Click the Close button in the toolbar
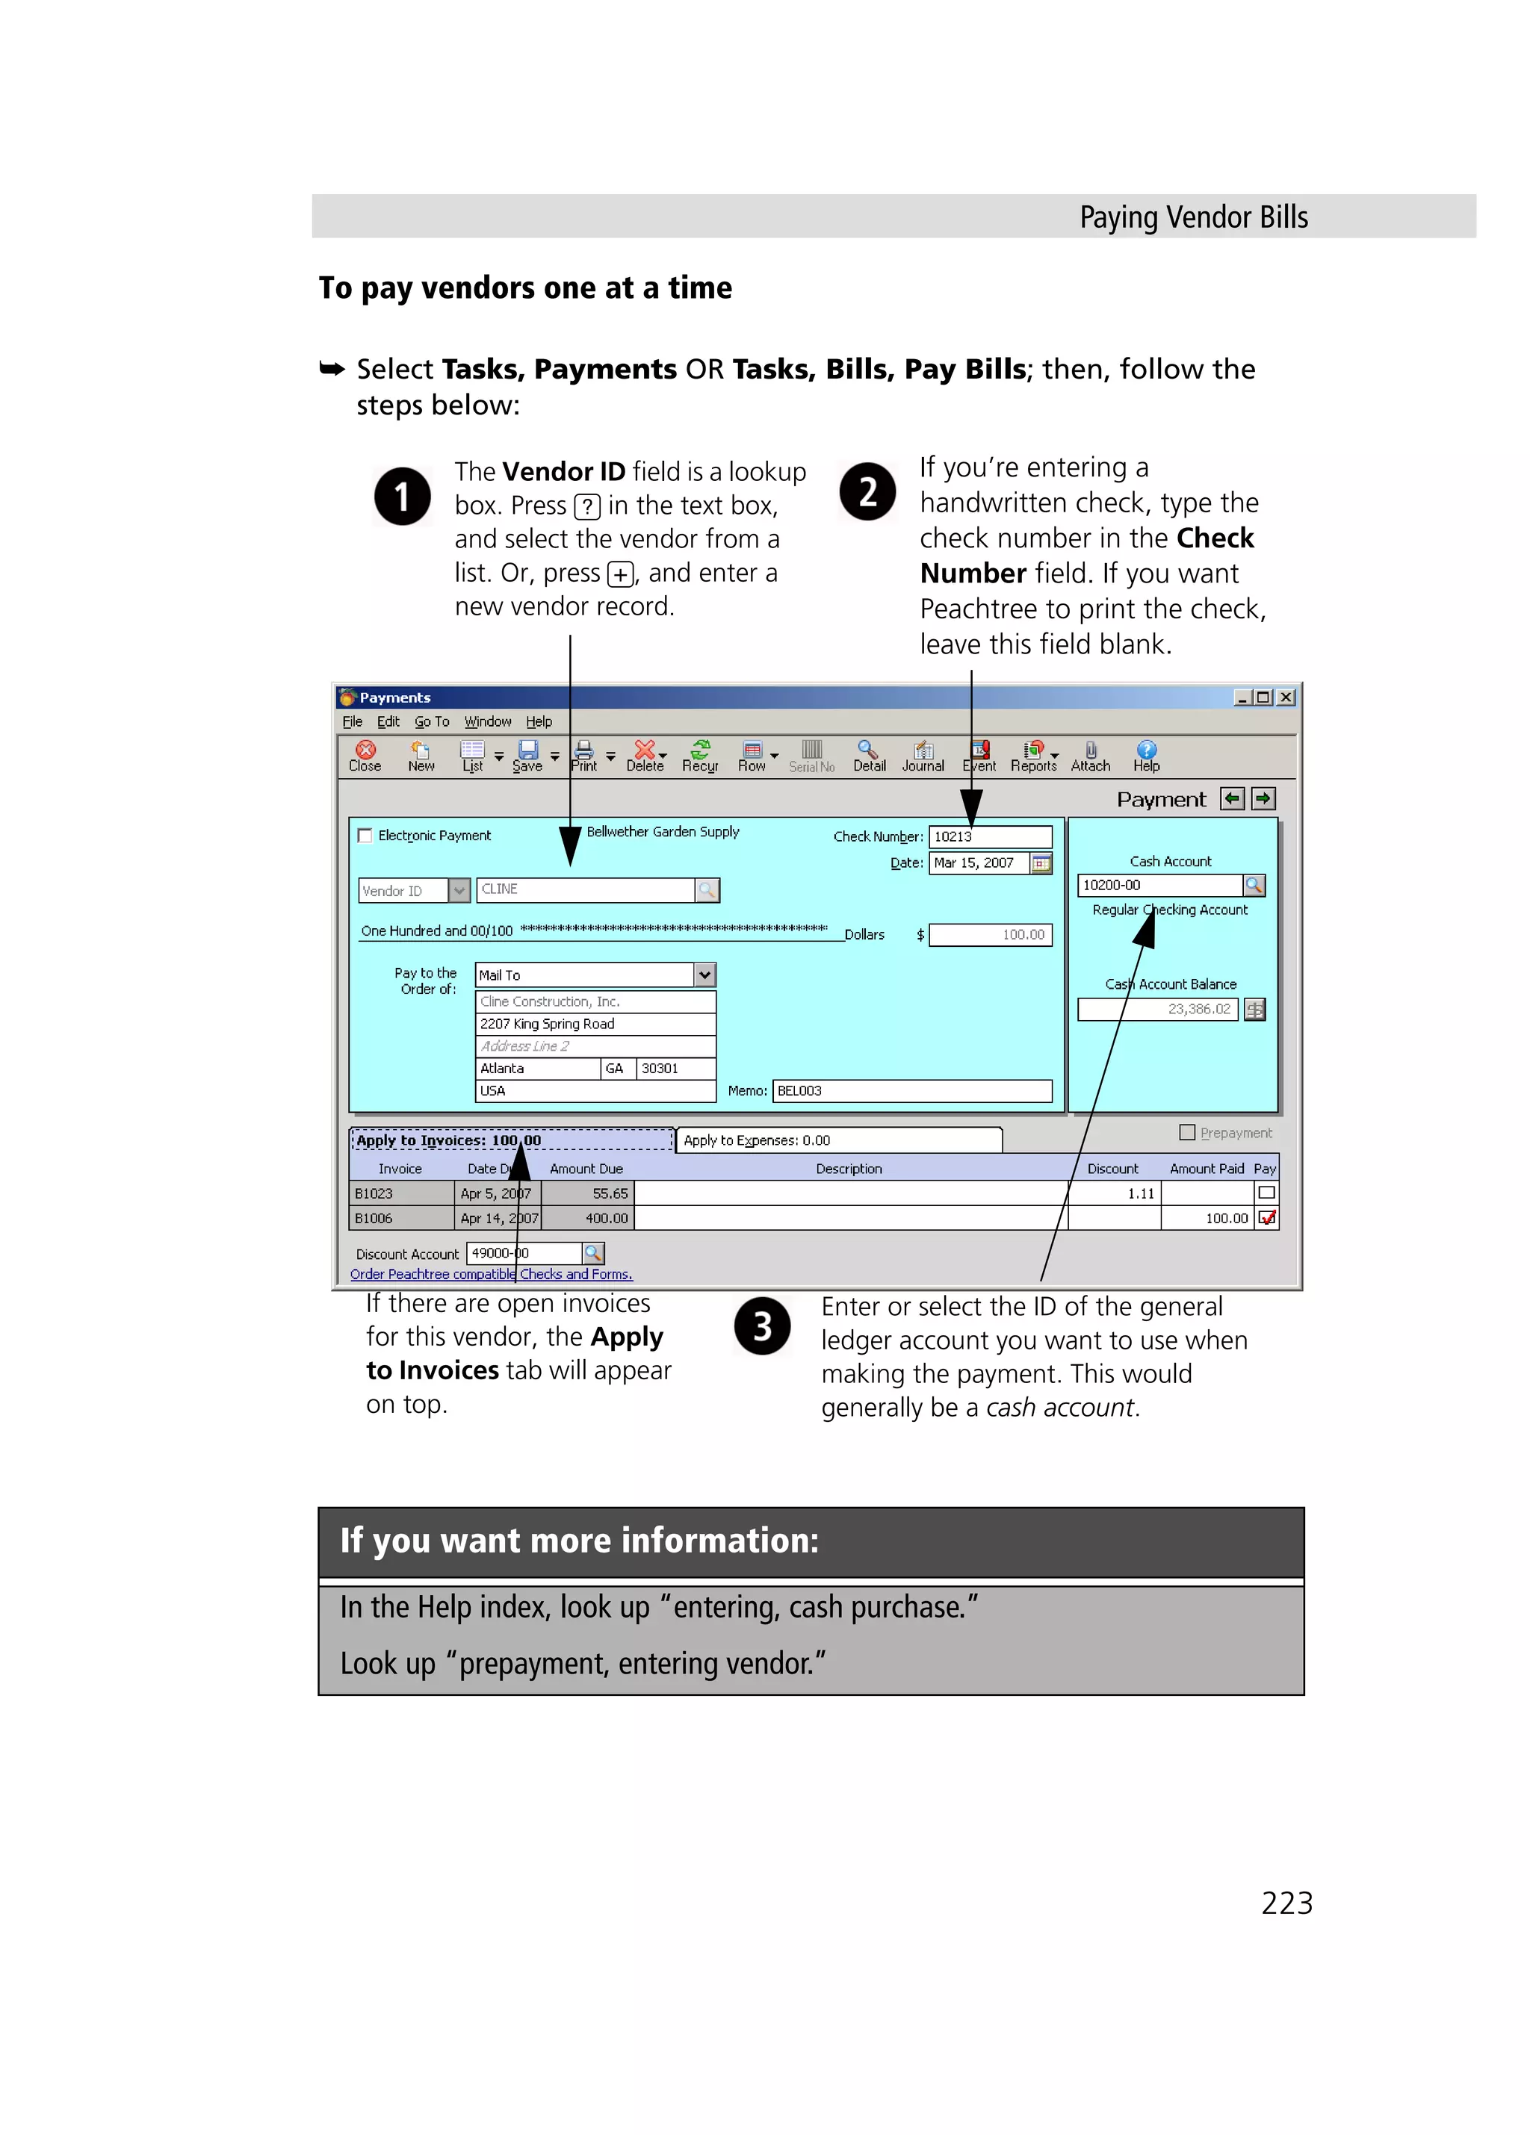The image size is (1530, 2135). (x=365, y=755)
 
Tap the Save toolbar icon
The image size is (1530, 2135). (x=527, y=755)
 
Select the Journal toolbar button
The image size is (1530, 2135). (x=922, y=755)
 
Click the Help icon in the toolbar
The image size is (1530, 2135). (x=1145, y=755)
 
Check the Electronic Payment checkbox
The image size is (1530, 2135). (x=365, y=835)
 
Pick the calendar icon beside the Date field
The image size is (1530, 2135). (x=1041, y=863)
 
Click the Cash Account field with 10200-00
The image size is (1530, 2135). (x=1158, y=885)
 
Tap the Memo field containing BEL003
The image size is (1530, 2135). (x=911, y=1090)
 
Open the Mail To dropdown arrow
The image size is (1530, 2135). (x=704, y=975)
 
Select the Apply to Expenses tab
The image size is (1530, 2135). (x=838, y=1140)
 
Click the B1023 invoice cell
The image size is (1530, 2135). (x=401, y=1193)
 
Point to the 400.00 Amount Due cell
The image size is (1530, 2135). (x=587, y=1218)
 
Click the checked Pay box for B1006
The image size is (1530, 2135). (x=1266, y=1218)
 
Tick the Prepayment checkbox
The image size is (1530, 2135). (x=1187, y=1132)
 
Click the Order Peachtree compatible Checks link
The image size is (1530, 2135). (x=491, y=1274)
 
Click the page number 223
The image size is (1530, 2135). (x=1286, y=1904)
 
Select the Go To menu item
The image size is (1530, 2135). (x=431, y=721)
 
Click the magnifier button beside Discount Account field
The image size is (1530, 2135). (x=593, y=1253)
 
